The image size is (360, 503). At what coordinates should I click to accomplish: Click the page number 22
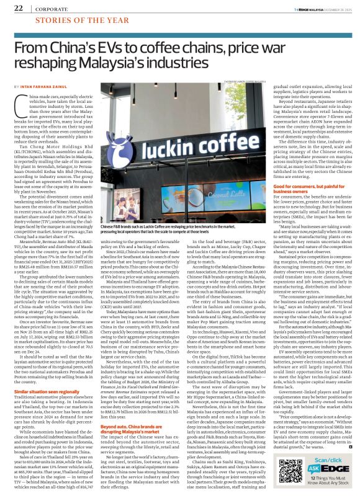click(18, 8)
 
